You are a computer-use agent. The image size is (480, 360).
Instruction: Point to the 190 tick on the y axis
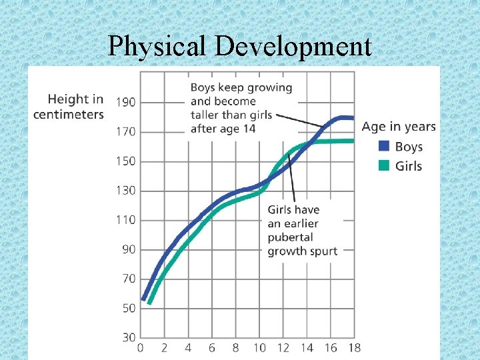click(x=126, y=102)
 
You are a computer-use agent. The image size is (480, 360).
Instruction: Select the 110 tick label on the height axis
click(x=126, y=219)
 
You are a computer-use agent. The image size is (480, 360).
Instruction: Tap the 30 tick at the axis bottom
click(x=127, y=337)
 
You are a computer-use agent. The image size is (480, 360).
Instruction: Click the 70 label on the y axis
click(x=127, y=279)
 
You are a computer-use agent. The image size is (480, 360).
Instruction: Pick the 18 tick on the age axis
click(x=355, y=347)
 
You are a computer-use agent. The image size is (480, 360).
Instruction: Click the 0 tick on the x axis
click(x=140, y=347)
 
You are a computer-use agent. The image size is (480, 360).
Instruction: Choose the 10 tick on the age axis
click(x=259, y=347)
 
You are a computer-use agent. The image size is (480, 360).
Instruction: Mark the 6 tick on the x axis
click(x=212, y=347)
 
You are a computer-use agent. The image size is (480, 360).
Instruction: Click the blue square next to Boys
click(x=384, y=147)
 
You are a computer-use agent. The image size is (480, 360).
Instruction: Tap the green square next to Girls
click(x=384, y=165)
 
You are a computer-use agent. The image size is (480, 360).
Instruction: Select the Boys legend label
click(x=409, y=147)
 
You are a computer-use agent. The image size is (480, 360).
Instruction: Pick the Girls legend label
click(x=409, y=165)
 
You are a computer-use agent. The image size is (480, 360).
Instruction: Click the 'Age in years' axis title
click(x=399, y=127)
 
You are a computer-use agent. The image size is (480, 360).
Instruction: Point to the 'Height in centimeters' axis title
click(x=69, y=107)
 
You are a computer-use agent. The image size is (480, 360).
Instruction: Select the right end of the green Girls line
click(x=353, y=141)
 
